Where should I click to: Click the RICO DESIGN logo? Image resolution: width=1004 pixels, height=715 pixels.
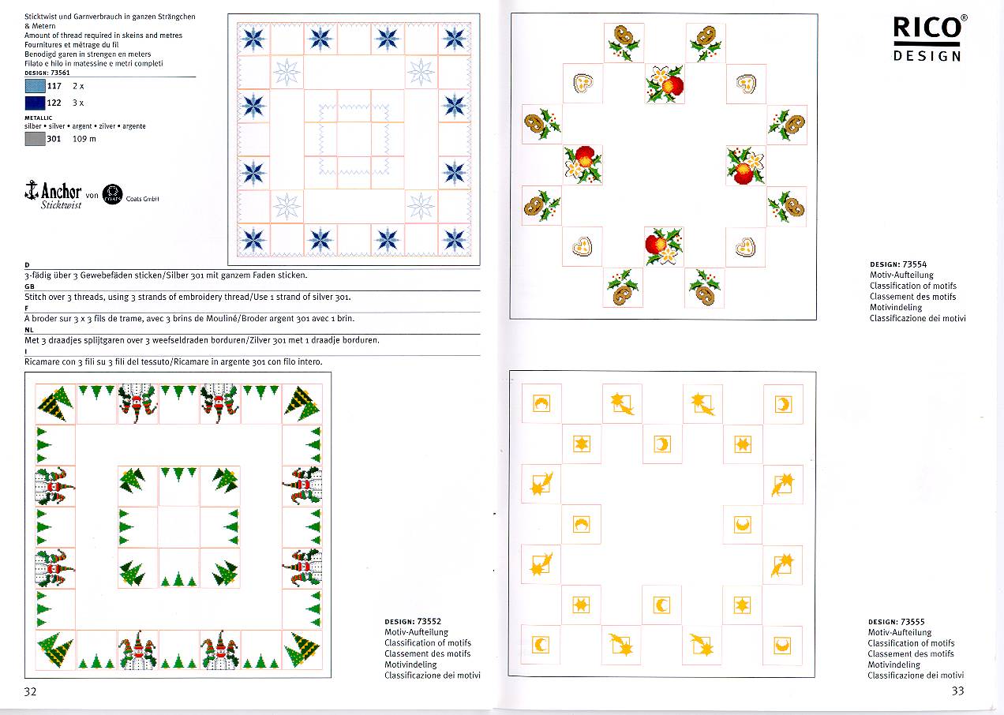coord(927,38)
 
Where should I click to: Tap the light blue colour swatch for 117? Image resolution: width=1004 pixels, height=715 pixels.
coord(35,86)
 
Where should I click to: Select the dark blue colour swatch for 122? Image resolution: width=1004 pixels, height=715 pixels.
coord(35,103)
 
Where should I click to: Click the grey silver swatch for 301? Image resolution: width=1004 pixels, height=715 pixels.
coord(35,139)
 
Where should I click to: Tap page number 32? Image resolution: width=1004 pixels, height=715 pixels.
coord(31,692)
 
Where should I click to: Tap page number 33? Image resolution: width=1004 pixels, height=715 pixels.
coord(957,691)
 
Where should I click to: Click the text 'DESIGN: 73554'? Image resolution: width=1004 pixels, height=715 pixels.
coord(898,264)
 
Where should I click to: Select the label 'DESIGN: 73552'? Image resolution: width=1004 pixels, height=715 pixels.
coord(413,622)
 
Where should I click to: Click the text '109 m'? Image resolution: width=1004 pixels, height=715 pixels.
coord(84,139)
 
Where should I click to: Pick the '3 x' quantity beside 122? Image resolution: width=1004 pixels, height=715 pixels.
coord(78,103)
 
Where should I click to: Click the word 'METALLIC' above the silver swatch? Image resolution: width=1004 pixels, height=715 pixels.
coord(39,118)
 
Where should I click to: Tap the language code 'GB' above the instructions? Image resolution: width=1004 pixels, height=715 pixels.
coord(29,287)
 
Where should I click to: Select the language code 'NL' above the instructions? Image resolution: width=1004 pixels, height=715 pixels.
coord(29,331)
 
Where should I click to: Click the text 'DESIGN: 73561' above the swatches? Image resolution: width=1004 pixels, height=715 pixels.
coord(47,73)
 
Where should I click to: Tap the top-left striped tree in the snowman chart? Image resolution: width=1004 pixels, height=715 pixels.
coord(56,403)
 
